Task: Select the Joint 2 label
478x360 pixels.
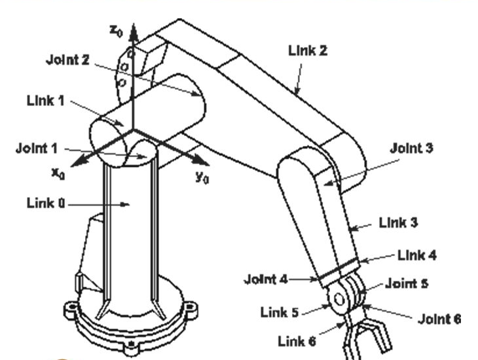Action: click(x=67, y=59)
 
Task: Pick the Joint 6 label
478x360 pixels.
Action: click(x=439, y=319)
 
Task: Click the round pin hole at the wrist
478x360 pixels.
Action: click(x=339, y=300)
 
